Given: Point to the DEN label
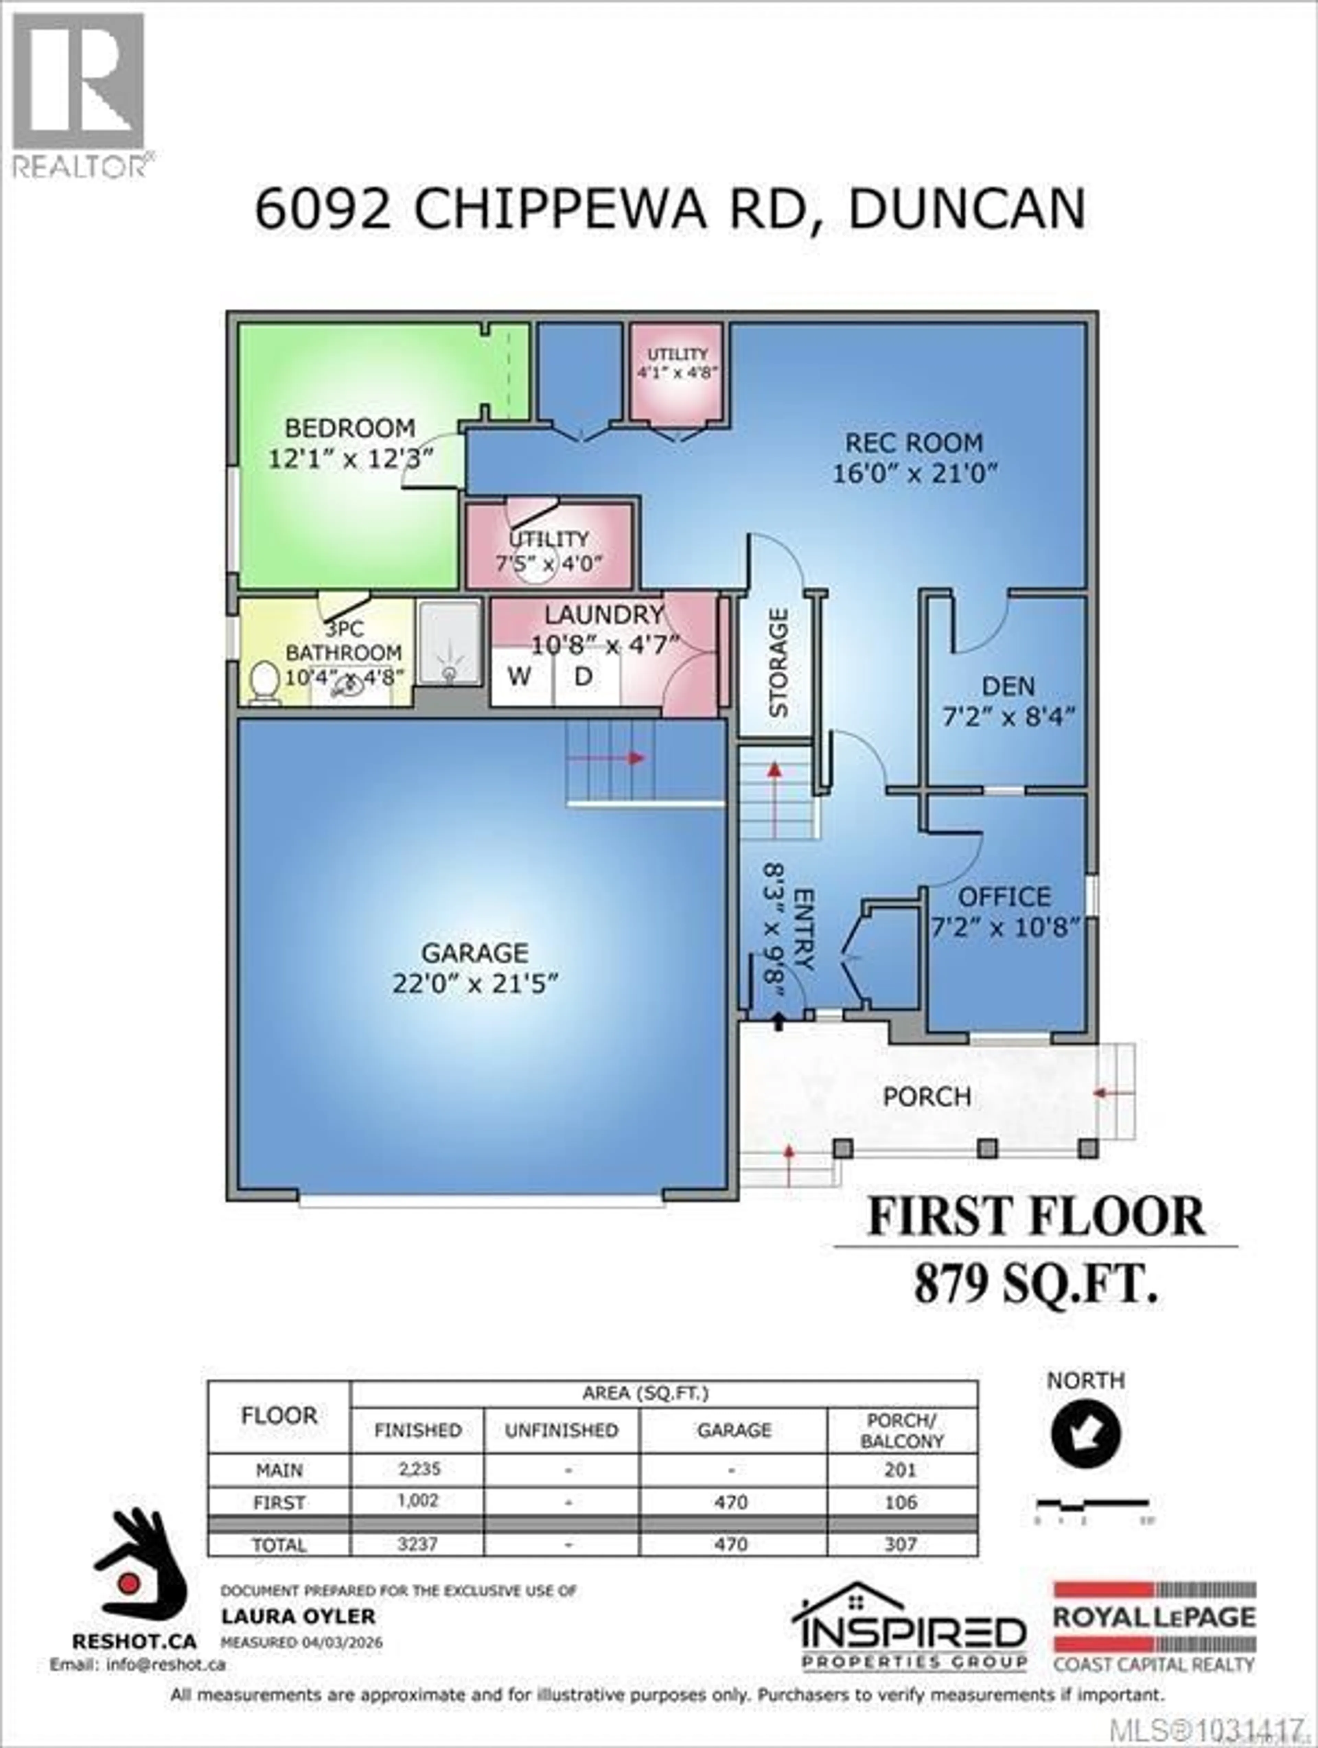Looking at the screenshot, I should (x=1008, y=686).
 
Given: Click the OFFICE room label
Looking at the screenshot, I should (x=1004, y=897).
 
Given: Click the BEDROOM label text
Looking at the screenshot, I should (x=350, y=428).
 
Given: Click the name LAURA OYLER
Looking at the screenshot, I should (x=298, y=1617).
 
